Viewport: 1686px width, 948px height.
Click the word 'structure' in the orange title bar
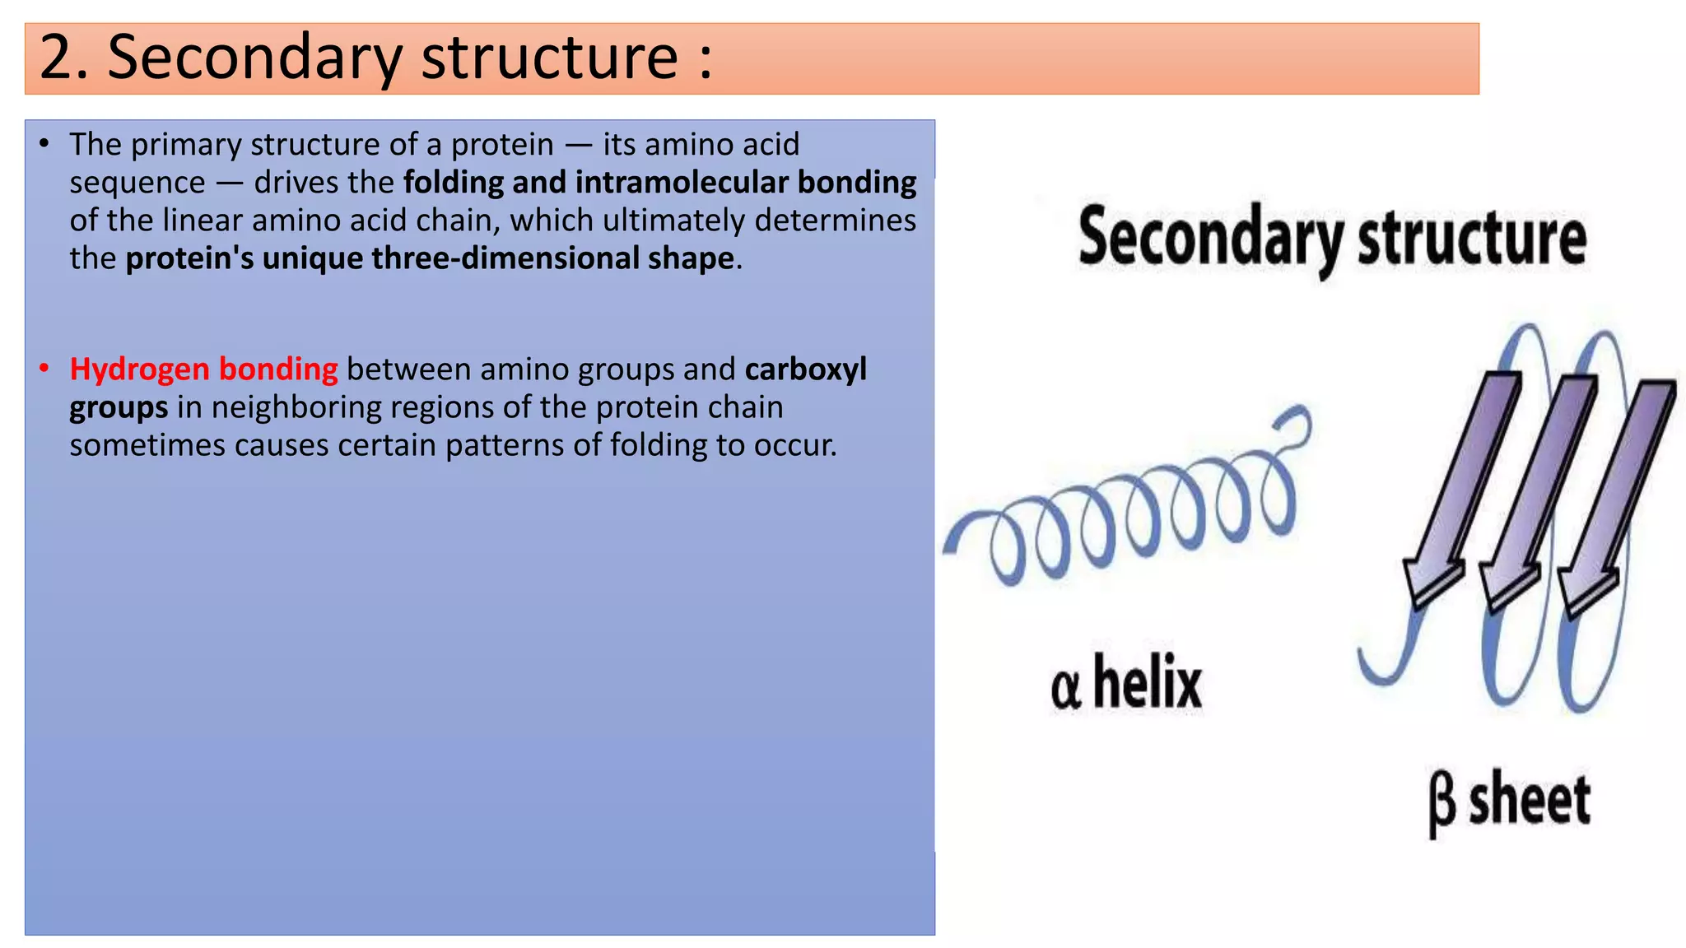click(x=549, y=58)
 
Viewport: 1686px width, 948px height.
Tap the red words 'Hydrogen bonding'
click(x=203, y=369)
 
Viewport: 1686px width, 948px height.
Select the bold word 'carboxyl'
click(x=805, y=369)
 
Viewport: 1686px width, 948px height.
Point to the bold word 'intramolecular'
click(x=682, y=183)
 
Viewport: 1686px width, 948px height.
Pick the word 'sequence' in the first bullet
click(x=137, y=183)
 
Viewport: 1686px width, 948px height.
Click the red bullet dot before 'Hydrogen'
click(x=44, y=368)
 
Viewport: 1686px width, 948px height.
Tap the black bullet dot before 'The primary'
click(x=44, y=144)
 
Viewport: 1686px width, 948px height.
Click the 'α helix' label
click(x=1125, y=683)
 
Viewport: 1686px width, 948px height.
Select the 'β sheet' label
click(x=1508, y=800)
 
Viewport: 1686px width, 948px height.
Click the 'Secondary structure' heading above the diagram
click(x=1332, y=239)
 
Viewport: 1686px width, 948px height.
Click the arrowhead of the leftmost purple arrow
click(x=1431, y=580)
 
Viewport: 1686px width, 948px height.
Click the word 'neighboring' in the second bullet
click(x=296, y=407)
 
